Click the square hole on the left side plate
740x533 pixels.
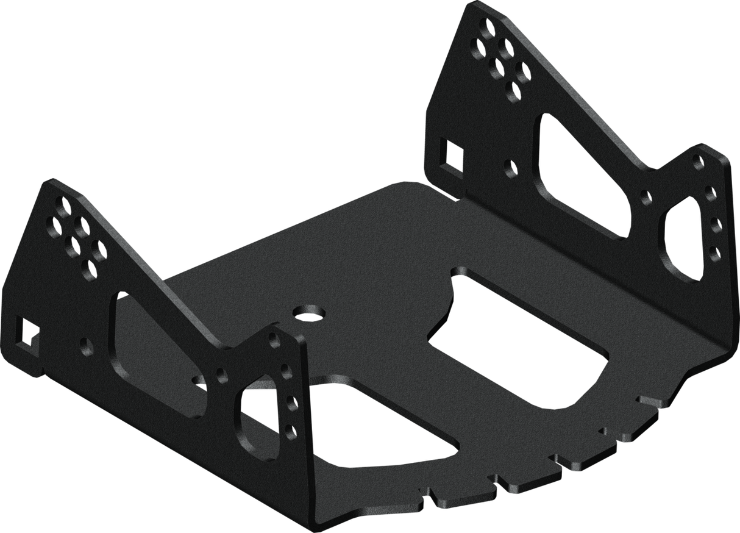[x=27, y=330]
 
